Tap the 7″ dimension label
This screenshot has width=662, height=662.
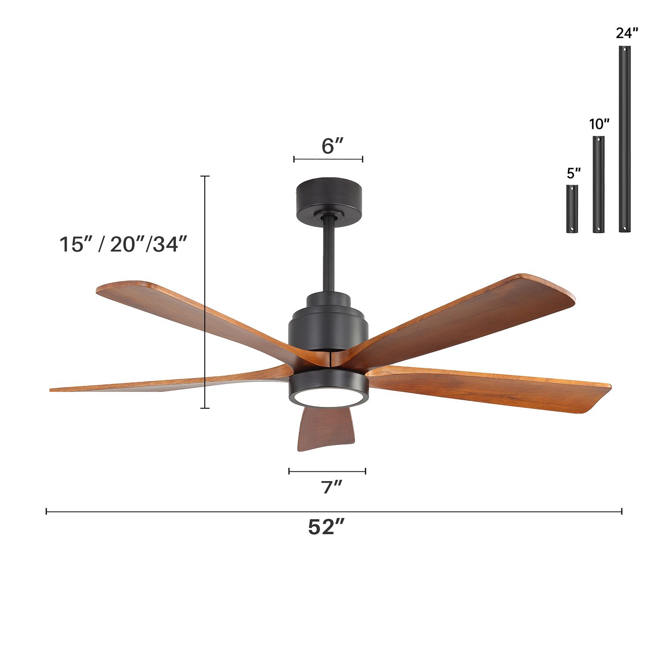[332, 487]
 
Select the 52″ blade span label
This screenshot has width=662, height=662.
[326, 527]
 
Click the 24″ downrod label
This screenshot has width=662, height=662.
[627, 33]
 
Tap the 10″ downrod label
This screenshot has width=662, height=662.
[599, 124]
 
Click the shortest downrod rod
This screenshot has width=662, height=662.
[572, 209]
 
